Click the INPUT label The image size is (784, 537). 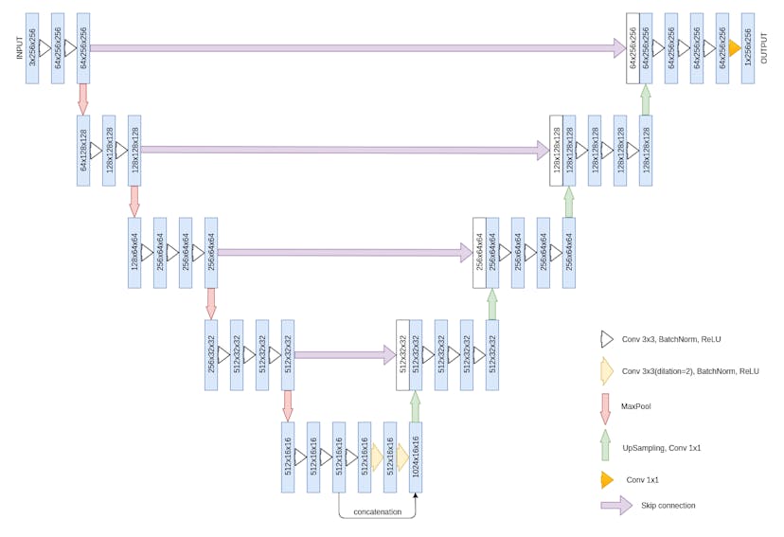[x=19, y=48]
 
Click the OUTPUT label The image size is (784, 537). [x=763, y=48]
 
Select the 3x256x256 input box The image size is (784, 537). [x=32, y=48]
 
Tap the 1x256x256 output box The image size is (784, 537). [x=748, y=48]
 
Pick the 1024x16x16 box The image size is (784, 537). [x=415, y=457]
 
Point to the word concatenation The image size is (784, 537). [x=377, y=512]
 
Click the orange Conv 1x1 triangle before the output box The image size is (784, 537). [x=734, y=48]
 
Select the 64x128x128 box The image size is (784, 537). [x=83, y=151]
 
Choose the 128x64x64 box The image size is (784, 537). [x=134, y=253]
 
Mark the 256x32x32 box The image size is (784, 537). [x=211, y=355]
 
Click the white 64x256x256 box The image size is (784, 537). [x=633, y=48]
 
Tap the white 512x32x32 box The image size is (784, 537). [x=402, y=355]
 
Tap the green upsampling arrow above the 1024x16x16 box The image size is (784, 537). [x=415, y=406]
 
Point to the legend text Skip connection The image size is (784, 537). [x=668, y=505]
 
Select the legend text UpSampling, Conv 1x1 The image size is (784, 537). [x=662, y=447]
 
